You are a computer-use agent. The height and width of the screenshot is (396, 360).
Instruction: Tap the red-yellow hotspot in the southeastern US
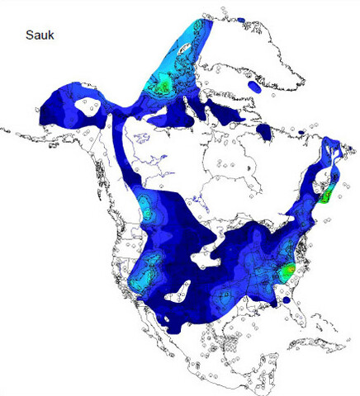pyautogui.click(x=287, y=270)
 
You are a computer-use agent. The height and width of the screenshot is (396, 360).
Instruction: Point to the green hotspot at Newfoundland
pyautogui.click(x=328, y=196)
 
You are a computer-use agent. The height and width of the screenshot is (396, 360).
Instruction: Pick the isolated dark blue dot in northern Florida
pyautogui.click(x=287, y=301)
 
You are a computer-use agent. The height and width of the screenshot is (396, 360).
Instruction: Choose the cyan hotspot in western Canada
pyautogui.click(x=147, y=213)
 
